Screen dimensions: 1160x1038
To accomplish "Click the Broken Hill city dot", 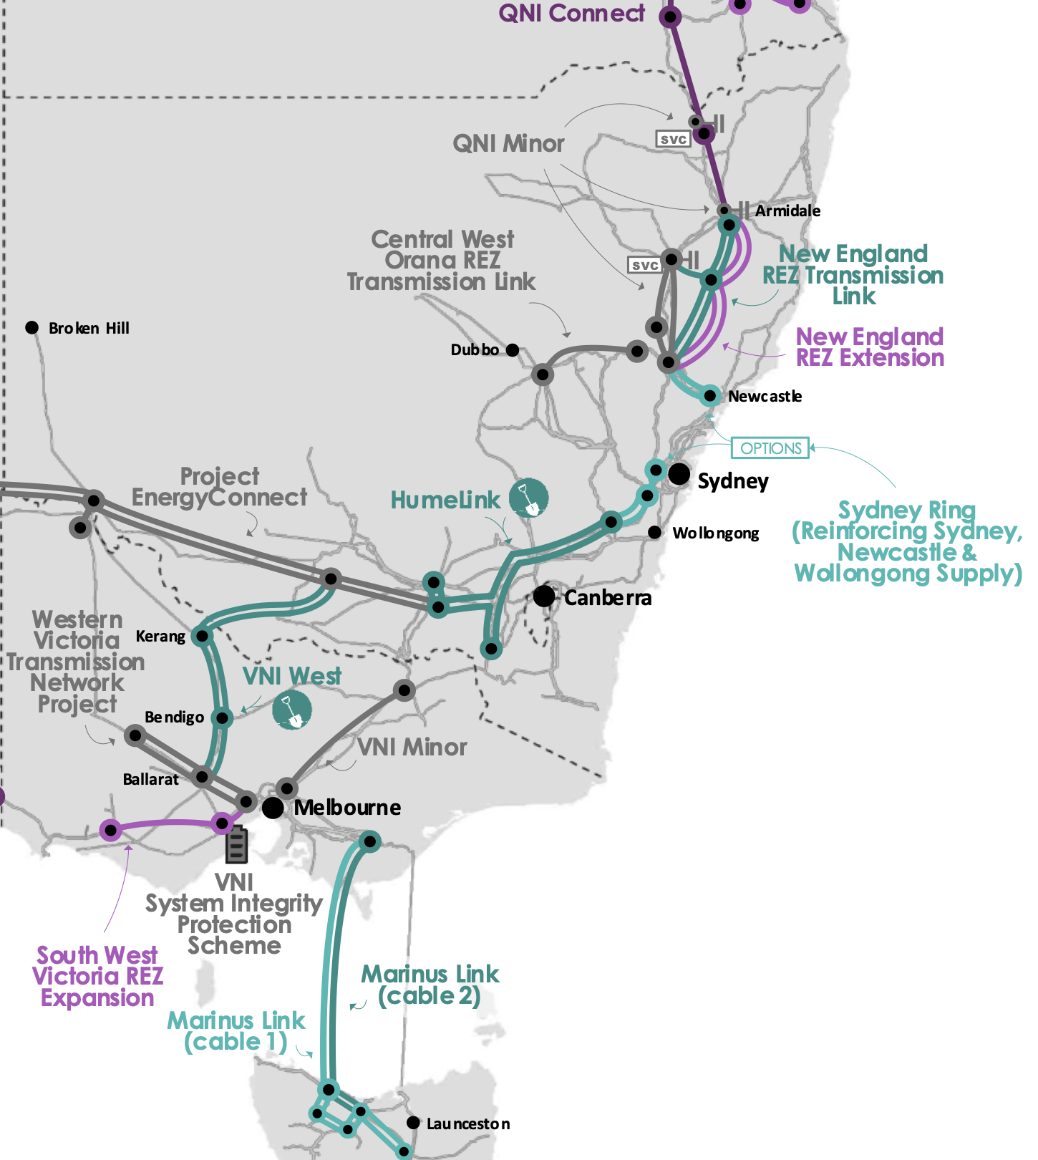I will pos(31,327).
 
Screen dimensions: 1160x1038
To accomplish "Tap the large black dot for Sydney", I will pos(679,473).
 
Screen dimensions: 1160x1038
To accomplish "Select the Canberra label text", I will pos(608,598).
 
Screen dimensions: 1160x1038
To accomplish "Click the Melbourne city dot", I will pos(272,808).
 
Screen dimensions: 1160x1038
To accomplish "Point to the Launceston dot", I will pos(413,1122).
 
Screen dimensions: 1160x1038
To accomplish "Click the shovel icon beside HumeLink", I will pos(529,498).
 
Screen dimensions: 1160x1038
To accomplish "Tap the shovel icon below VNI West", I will pos(292,710).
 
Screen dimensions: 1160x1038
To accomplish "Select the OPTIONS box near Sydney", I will pos(770,448).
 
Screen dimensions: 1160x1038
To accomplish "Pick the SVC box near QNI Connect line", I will pos(673,139).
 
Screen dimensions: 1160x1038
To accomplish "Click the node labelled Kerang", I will pos(203,636).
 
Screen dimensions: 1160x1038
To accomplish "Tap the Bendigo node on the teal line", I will pos(222,717).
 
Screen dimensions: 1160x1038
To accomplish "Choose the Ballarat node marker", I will pos(203,776).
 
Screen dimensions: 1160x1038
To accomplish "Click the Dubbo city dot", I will pos(513,350).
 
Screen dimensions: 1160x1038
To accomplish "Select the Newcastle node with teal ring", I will pos(709,395).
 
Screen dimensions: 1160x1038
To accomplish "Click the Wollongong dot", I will pos(654,532).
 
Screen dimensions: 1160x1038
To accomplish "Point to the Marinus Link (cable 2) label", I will pos(430,985).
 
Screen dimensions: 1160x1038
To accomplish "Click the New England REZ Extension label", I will pos(870,347).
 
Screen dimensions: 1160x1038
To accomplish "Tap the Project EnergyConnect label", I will pos(220,487).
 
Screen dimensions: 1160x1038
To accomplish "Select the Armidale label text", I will pos(787,211).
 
